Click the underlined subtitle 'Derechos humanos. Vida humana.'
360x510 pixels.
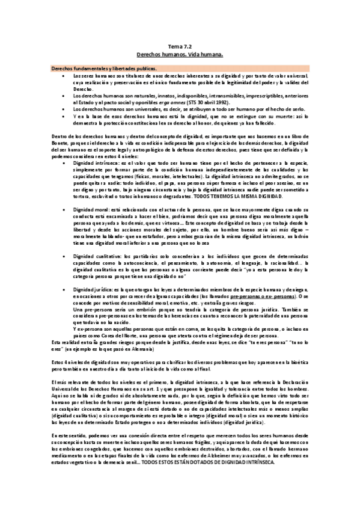pos(180,54)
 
